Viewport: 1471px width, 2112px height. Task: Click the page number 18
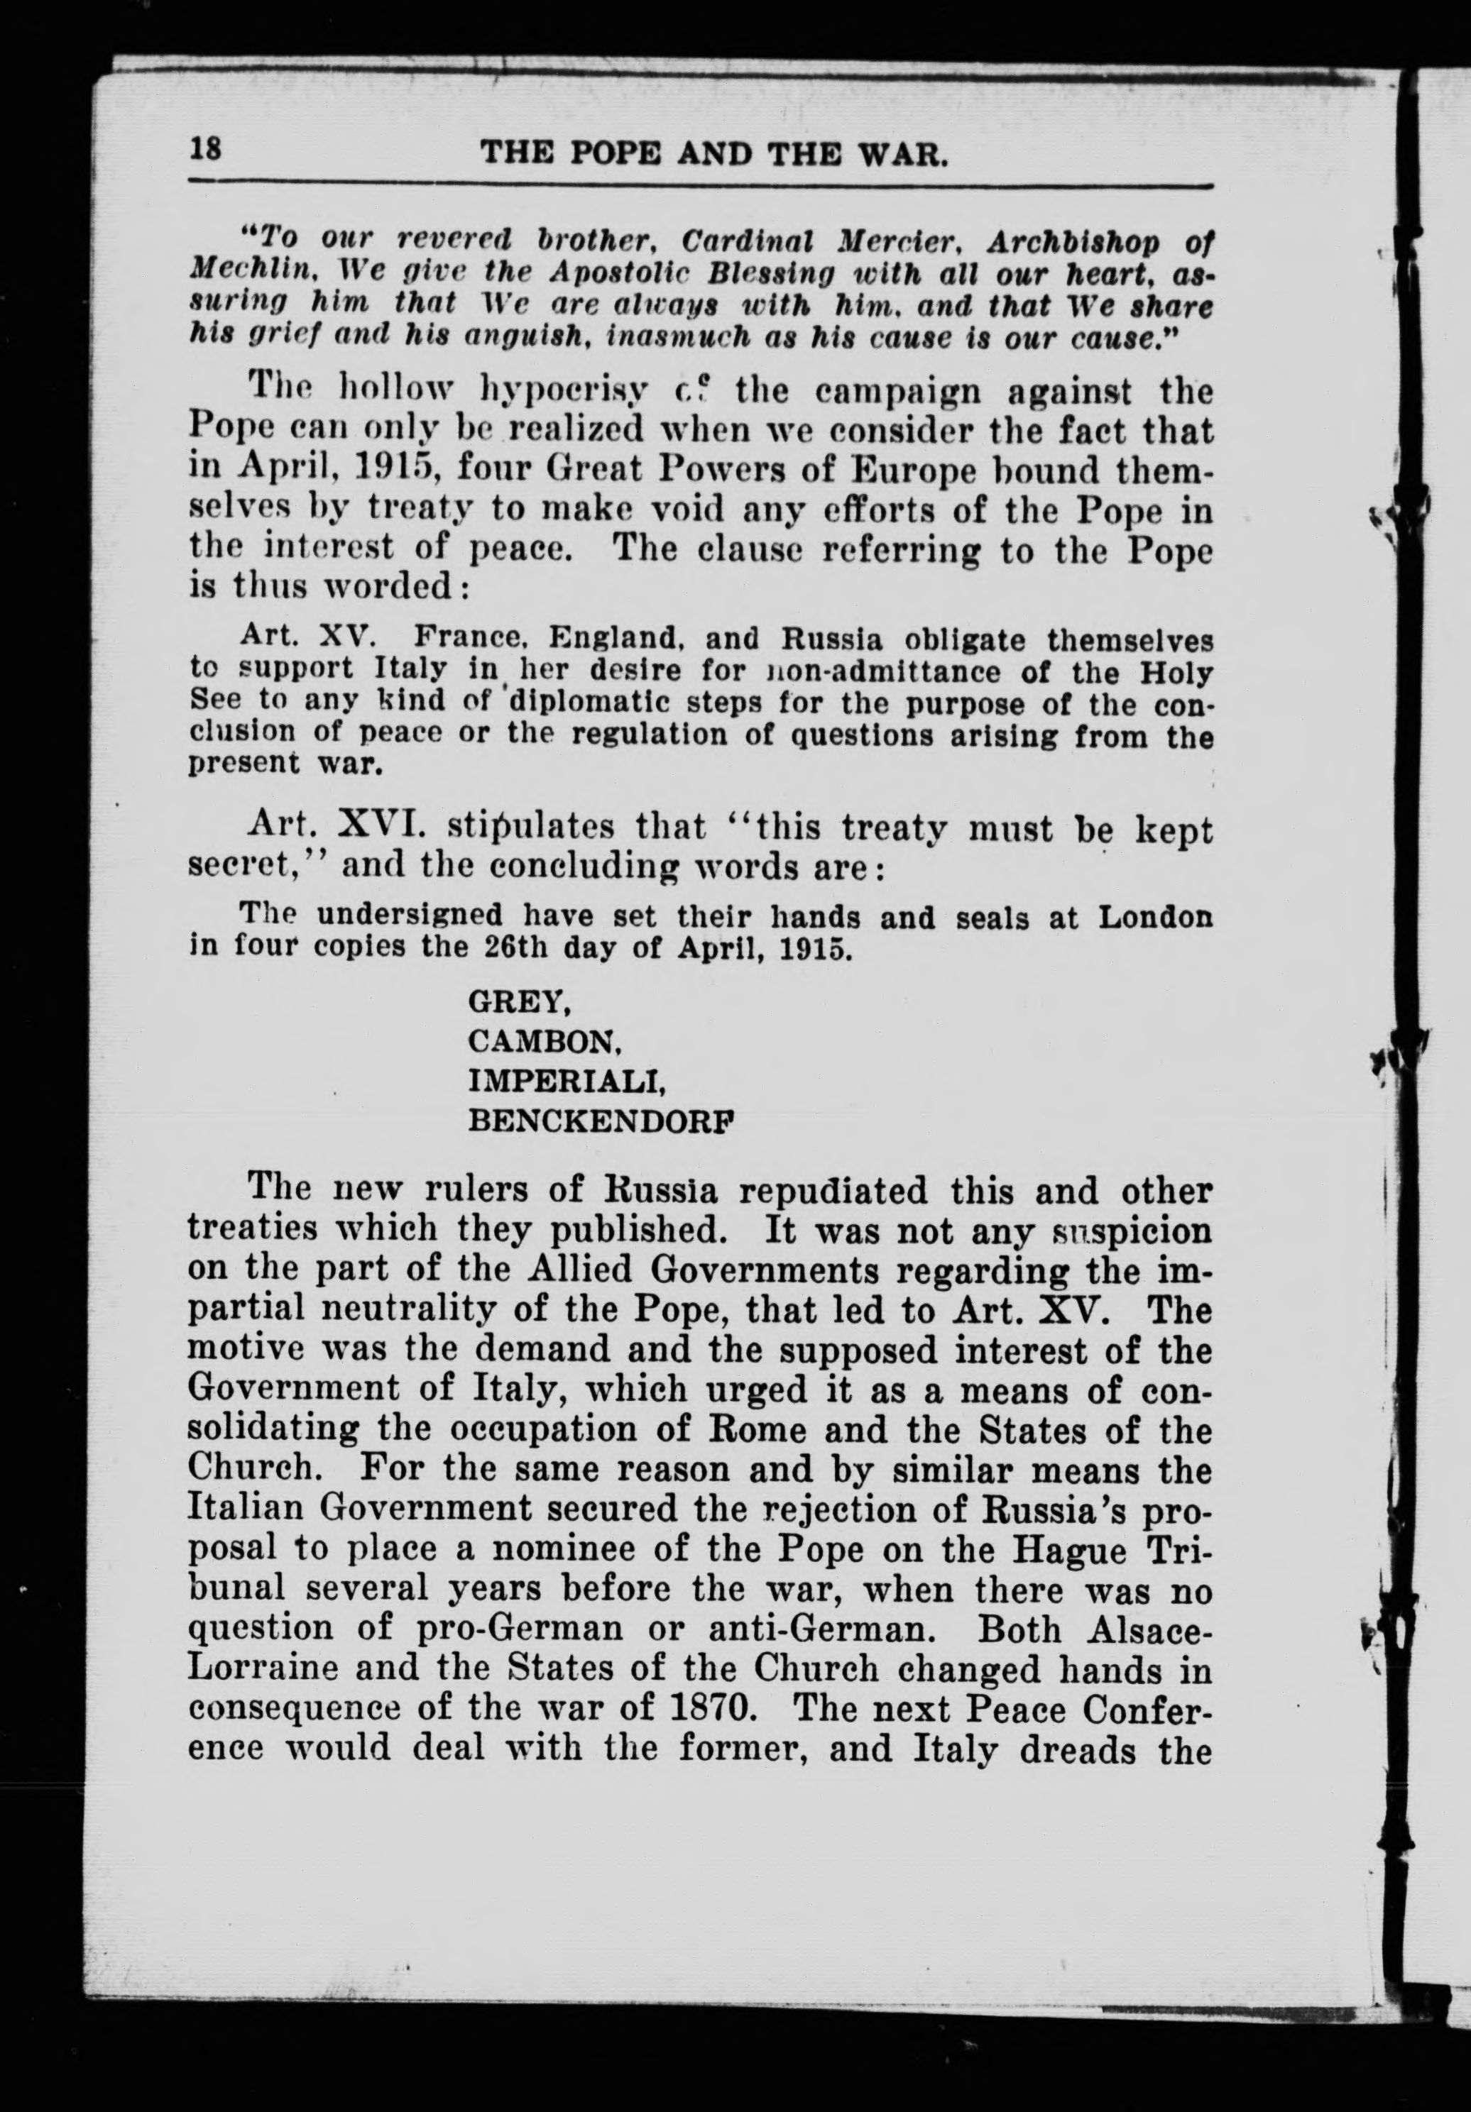205,150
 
